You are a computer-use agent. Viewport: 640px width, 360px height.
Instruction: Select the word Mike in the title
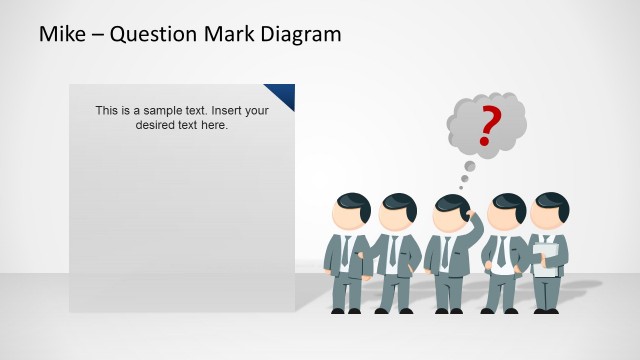[61, 34]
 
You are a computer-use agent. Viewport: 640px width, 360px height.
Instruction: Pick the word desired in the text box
[155, 125]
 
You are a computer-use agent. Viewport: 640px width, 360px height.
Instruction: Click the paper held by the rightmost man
[546, 259]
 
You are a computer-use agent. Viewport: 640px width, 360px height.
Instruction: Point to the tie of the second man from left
[393, 250]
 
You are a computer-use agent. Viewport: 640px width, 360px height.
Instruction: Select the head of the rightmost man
[549, 212]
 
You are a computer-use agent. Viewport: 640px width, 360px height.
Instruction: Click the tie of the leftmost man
[345, 250]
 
